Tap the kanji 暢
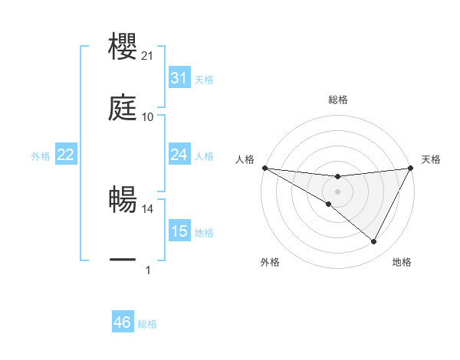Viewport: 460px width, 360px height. coord(123,200)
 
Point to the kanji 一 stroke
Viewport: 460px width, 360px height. coord(123,260)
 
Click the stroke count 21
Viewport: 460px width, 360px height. coord(148,56)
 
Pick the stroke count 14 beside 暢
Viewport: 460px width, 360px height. coord(148,208)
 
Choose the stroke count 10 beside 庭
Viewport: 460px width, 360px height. coord(148,117)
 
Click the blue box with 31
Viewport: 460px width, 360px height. coord(179,79)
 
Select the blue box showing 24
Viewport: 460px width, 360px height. coord(179,155)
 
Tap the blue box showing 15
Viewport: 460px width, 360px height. coord(179,231)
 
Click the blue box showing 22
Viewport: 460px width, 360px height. coord(65,155)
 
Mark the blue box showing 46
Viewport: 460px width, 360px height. coord(122,322)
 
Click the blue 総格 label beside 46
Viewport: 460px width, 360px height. coord(147,324)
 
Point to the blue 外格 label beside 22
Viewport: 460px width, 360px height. coord(41,156)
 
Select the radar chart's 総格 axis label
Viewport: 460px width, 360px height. coord(337,100)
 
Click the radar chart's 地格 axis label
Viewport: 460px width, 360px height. coord(402,262)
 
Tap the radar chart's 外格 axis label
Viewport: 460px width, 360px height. coord(270,262)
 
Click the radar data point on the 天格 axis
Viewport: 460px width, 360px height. coord(411,168)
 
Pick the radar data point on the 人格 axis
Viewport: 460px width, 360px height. coord(264,167)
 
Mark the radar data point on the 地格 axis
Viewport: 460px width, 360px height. coord(374,242)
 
